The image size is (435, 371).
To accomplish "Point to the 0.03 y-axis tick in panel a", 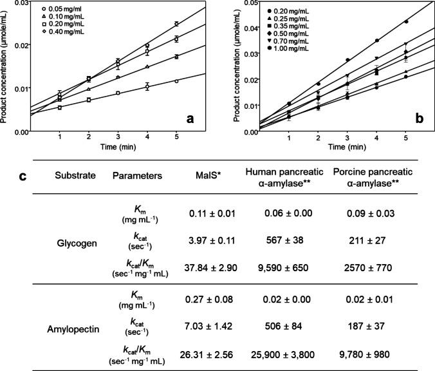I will click(x=21, y=3).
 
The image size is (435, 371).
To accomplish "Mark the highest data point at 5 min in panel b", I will click(x=405, y=21).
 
